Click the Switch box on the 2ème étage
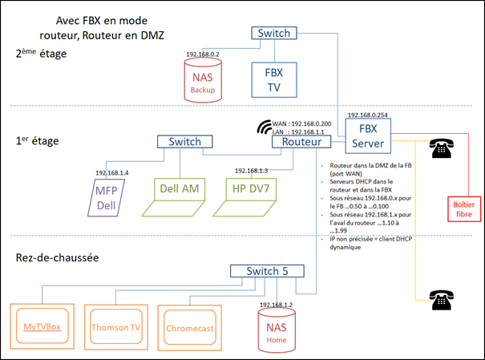tap(273, 34)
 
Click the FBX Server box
tap(367, 136)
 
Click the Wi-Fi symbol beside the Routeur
tap(264, 127)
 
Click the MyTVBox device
tap(43, 326)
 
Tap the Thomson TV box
tap(115, 327)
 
